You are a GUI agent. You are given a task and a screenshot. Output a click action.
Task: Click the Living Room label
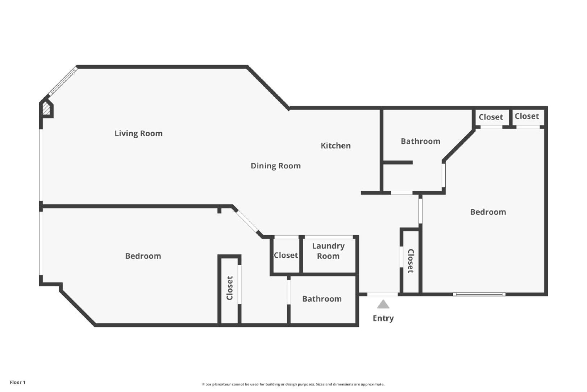139,133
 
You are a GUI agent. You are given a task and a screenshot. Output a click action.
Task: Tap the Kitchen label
336,146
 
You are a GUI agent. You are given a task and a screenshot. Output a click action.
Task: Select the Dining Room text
276,166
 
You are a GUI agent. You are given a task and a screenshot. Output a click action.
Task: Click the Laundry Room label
328,251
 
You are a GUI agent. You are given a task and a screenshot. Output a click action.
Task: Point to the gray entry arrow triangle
383,304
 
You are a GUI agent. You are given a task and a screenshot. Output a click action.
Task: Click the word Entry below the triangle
383,318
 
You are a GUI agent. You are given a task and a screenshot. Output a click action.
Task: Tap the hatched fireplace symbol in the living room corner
46,108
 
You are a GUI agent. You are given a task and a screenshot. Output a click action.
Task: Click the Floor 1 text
17,382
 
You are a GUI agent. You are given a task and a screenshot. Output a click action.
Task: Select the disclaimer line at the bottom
293,384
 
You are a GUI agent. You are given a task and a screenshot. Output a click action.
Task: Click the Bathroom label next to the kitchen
420,141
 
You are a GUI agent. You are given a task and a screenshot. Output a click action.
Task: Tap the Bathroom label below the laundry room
322,299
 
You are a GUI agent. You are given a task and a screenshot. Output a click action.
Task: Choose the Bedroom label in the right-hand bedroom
488,212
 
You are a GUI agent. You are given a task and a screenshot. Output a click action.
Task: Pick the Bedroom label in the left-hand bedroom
143,256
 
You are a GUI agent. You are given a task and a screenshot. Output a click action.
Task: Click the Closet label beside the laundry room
286,255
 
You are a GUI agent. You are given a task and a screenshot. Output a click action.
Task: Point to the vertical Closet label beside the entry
411,261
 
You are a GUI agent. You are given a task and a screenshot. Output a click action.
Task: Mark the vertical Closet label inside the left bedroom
230,288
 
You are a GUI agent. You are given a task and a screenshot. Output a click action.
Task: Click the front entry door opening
383,294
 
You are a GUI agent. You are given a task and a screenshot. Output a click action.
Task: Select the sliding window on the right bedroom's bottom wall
479,294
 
